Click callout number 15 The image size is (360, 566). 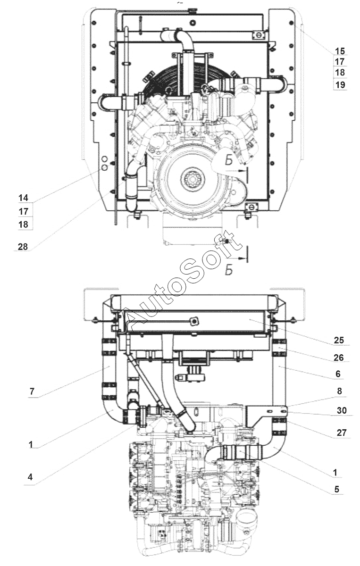click(340, 51)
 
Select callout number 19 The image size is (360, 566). click(340, 84)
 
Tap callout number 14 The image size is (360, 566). click(23, 198)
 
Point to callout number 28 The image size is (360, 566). click(23, 246)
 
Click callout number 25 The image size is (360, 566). click(339, 341)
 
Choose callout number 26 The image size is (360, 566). click(339, 358)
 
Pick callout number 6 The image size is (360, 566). click(338, 374)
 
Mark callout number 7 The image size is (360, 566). click(32, 391)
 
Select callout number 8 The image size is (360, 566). click(340, 391)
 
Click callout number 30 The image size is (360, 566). click(342, 410)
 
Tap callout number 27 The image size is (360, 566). click(342, 433)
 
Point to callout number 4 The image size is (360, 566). click(30, 477)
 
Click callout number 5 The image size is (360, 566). click(337, 489)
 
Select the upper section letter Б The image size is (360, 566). click(228, 160)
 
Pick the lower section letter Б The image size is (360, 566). click(228, 270)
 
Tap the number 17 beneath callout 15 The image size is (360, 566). click(340, 61)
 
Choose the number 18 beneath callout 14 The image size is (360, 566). click(23, 224)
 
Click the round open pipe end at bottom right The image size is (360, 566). click(247, 519)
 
